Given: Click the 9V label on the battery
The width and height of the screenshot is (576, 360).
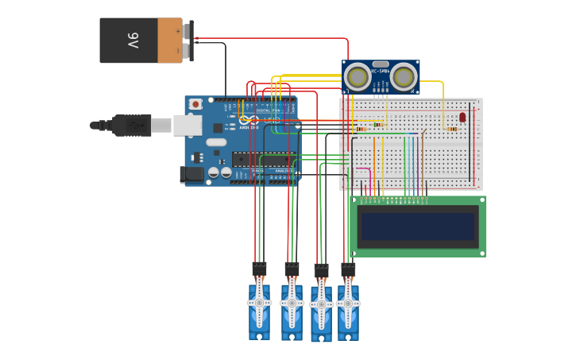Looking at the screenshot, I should point(133,41).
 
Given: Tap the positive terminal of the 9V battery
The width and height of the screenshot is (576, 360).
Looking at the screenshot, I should point(187,30).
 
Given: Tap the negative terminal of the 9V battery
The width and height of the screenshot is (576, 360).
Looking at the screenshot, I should point(187,51).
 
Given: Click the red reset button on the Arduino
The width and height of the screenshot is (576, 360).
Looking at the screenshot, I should point(195,104).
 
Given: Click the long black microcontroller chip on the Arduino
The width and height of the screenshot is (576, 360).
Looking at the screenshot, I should point(264,159).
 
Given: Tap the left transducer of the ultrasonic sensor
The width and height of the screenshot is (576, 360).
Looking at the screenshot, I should point(358,77).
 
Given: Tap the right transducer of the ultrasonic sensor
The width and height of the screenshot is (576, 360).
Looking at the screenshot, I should point(404,77).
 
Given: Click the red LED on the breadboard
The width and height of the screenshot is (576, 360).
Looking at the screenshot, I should point(462,117).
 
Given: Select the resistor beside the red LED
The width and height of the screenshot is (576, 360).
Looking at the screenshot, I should point(451,129).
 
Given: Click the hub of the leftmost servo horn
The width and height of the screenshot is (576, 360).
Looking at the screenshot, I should point(259,303).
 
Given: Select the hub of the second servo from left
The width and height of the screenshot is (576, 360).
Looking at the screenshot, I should point(292,304).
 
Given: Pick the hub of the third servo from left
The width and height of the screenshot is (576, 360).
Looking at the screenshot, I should point(321,305).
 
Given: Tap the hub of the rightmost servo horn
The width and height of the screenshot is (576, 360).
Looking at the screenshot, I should point(348,304).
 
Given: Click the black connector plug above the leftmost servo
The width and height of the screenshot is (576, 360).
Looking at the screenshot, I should point(259,269).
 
